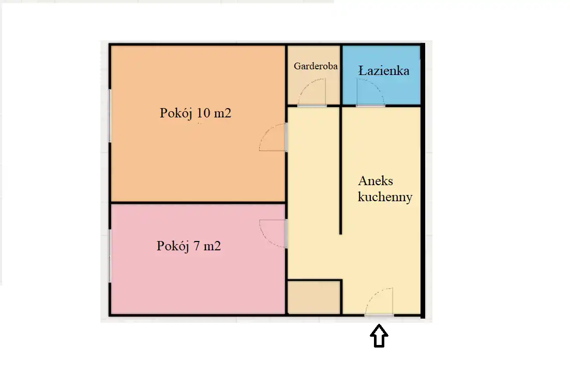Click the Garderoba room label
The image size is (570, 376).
316,66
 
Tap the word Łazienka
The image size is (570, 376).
384,70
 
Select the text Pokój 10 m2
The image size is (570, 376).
196,113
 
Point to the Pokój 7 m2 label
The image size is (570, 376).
189,246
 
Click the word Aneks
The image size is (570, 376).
376,181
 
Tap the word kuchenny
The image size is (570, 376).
385,197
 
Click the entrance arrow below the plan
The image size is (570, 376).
379,336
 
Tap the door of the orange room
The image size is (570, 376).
273,137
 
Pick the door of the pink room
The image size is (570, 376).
273,234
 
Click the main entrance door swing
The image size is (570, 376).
379,302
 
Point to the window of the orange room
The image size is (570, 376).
110,116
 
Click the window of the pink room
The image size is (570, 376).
110,256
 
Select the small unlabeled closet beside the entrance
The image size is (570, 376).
314,297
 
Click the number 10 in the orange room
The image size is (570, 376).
204,113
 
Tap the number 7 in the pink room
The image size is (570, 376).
197,246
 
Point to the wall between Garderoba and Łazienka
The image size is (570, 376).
341,74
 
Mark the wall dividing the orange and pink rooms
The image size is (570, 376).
198,203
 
